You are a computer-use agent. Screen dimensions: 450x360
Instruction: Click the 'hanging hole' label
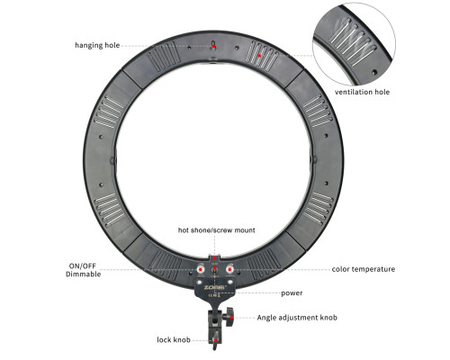[x=97, y=45]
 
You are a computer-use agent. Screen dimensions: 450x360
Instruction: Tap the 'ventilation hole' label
[x=362, y=92]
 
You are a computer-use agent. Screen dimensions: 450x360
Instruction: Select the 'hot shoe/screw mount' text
[x=216, y=230]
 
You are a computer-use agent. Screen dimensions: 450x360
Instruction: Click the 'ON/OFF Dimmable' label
[x=83, y=270]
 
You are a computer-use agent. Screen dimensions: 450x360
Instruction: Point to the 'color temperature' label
[x=364, y=269]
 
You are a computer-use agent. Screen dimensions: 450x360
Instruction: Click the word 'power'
[x=292, y=293]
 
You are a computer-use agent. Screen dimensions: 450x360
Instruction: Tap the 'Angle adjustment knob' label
[x=297, y=318]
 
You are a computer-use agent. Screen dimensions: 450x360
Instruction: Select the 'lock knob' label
[x=174, y=340]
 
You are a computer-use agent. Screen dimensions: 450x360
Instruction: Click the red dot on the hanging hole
[x=213, y=47]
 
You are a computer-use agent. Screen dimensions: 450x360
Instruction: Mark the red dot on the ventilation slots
[x=259, y=56]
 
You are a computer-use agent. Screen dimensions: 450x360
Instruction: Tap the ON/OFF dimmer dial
[x=201, y=269]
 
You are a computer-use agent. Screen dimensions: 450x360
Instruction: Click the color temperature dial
[x=229, y=269]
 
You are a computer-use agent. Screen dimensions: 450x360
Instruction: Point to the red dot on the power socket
[x=215, y=268]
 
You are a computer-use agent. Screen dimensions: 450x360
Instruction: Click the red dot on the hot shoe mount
[x=214, y=257]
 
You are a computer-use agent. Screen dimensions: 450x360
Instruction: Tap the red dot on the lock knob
[x=216, y=340]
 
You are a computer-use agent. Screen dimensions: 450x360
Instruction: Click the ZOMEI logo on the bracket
[x=214, y=287]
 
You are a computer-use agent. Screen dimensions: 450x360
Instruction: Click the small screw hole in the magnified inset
[x=374, y=72]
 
